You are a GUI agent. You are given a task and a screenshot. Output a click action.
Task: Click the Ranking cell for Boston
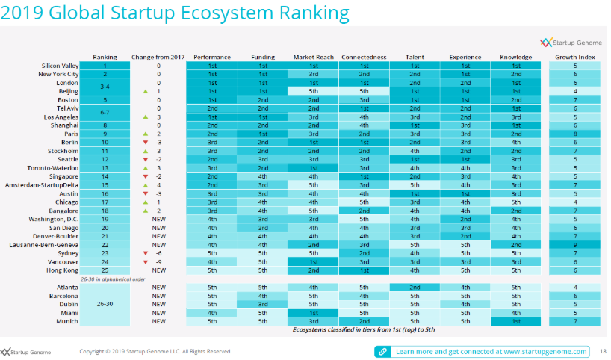pyautogui.click(x=105, y=99)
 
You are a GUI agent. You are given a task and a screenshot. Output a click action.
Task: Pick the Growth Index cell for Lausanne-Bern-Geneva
pyautogui.click(x=574, y=245)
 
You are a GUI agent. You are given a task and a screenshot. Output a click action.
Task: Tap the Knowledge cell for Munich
pyautogui.click(x=516, y=320)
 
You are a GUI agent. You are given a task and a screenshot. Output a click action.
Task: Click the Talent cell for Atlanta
pyautogui.click(x=415, y=287)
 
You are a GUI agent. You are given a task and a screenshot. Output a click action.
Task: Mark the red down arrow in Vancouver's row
pyautogui.click(x=146, y=261)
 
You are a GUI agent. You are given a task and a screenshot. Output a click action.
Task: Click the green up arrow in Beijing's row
pyautogui.click(x=146, y=91)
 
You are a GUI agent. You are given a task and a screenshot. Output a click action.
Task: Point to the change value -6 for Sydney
pyautogui.click(x=158, y=253)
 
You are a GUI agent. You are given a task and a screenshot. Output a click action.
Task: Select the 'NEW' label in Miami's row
pyautogui.click(x=158, y=312)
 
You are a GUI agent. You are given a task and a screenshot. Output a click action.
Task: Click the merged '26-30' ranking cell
pyautogui.click(x=105, y=304)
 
